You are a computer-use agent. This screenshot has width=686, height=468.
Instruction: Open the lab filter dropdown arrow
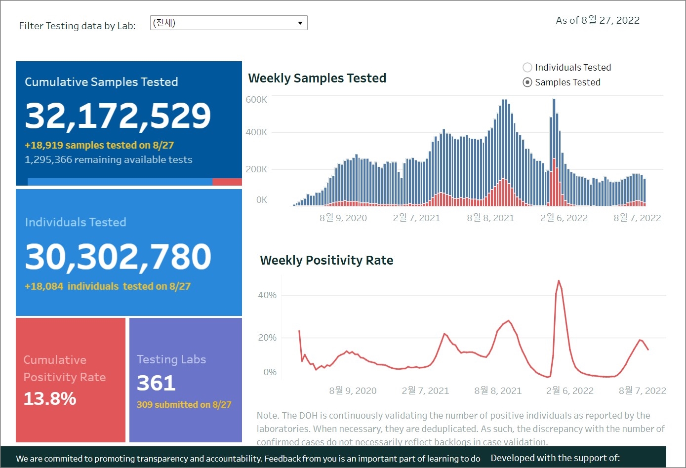pos(300,23)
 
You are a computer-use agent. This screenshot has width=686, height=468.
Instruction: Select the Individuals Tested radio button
pos(527,68)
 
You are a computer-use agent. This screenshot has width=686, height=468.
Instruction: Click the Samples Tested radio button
pos(527,82)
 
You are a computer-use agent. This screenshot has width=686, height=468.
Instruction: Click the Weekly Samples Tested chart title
pos(317,78)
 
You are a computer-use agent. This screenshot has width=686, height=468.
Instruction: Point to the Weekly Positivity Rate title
pos(326,260)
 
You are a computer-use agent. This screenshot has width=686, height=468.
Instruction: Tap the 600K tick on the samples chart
pos(256,100)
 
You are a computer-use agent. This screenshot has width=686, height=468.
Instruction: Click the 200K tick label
pos(256,169)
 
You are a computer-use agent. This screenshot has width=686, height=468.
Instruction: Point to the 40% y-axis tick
pos(267,295)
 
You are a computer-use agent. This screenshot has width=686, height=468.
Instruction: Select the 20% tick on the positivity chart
pos(267,338)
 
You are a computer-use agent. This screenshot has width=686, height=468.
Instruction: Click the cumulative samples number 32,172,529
pos(118,116)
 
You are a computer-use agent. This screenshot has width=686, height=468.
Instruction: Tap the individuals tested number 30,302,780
pos(118,257)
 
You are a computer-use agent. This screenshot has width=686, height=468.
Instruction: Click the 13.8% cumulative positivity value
pos(50,398)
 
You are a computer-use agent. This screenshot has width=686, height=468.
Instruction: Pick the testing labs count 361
pos(156,383)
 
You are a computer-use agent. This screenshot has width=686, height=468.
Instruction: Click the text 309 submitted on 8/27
pos(184,405)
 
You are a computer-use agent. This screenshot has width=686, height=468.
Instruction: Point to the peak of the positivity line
pos(559,281)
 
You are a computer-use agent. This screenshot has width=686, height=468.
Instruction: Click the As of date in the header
pos(598,20)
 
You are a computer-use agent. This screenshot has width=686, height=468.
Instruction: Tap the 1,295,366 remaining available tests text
pos(109,159)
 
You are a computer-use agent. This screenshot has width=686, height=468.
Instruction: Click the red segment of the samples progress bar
pos(227,182)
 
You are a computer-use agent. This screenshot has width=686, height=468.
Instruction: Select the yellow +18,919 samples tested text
pos(99,145)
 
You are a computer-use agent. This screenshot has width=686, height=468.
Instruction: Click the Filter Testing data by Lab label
pos(77,26)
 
